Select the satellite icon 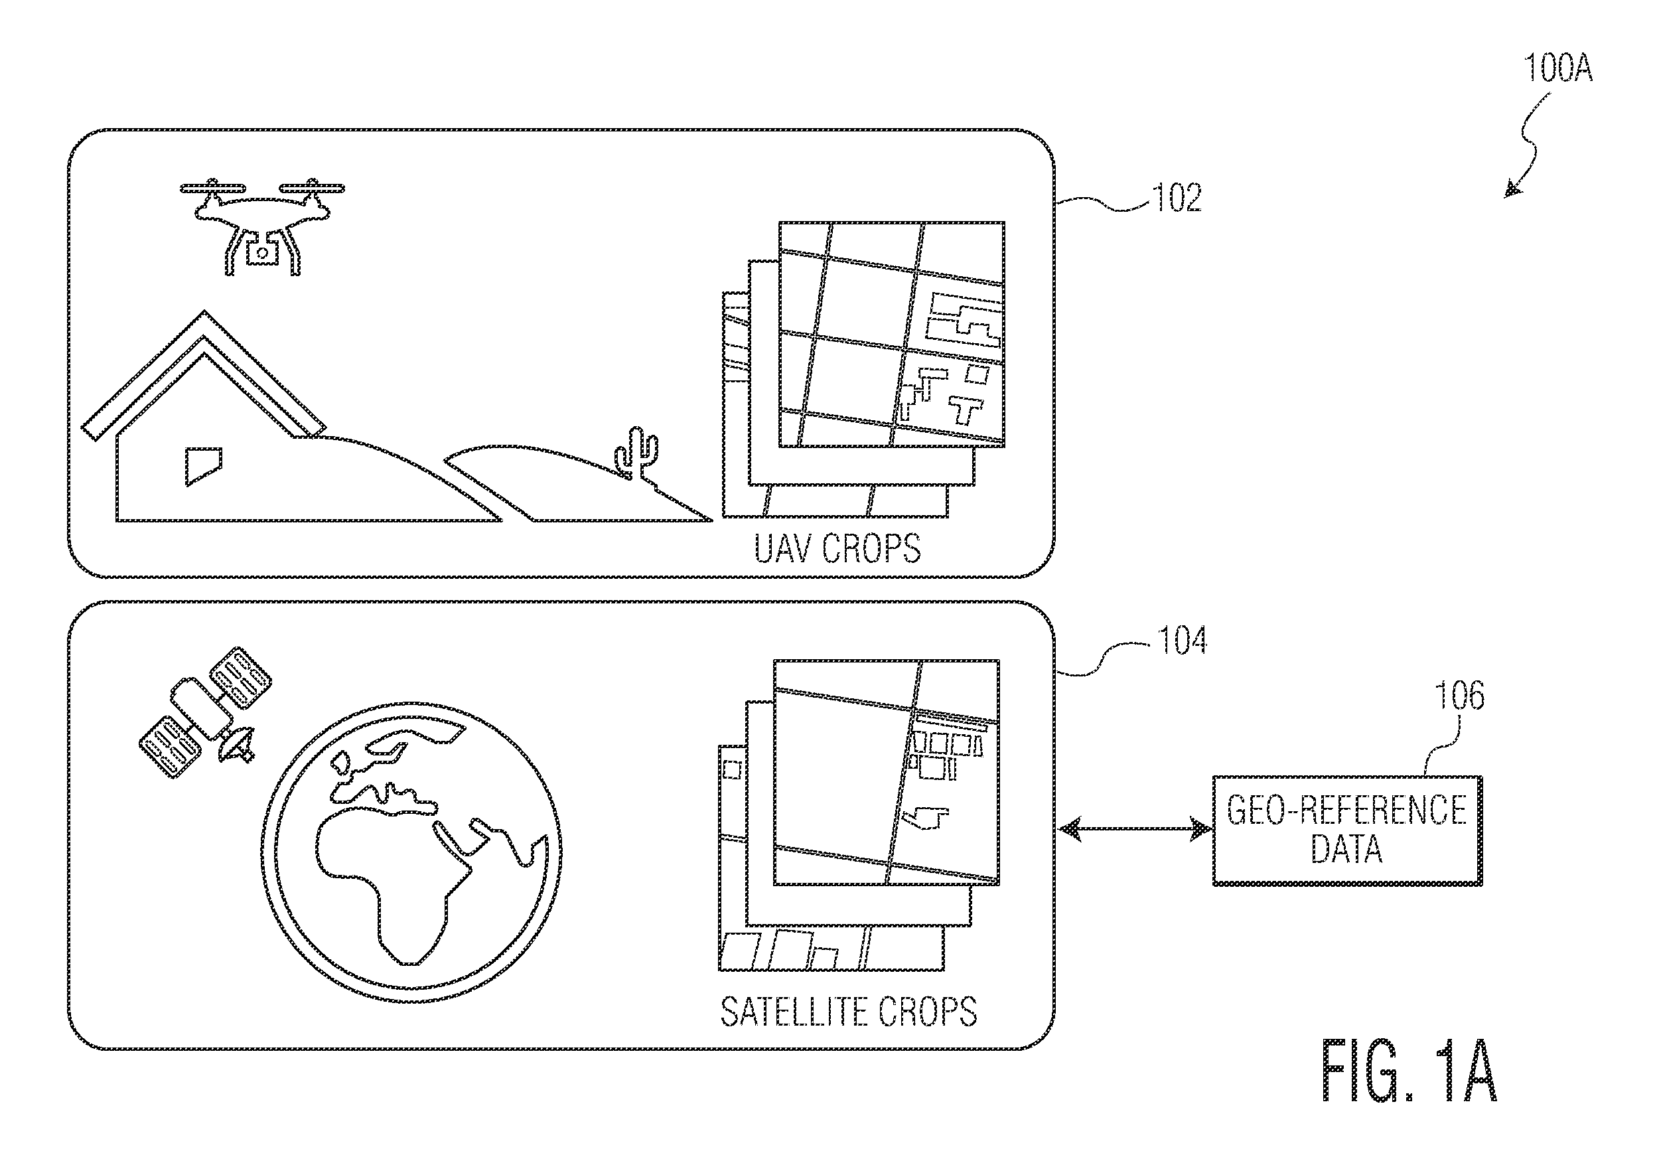206,712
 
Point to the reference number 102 1178,197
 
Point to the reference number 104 1182,641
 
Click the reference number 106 1459,695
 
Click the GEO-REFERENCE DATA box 1348,830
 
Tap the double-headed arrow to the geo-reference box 1133,828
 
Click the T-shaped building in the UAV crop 966,409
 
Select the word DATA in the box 1347,848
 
